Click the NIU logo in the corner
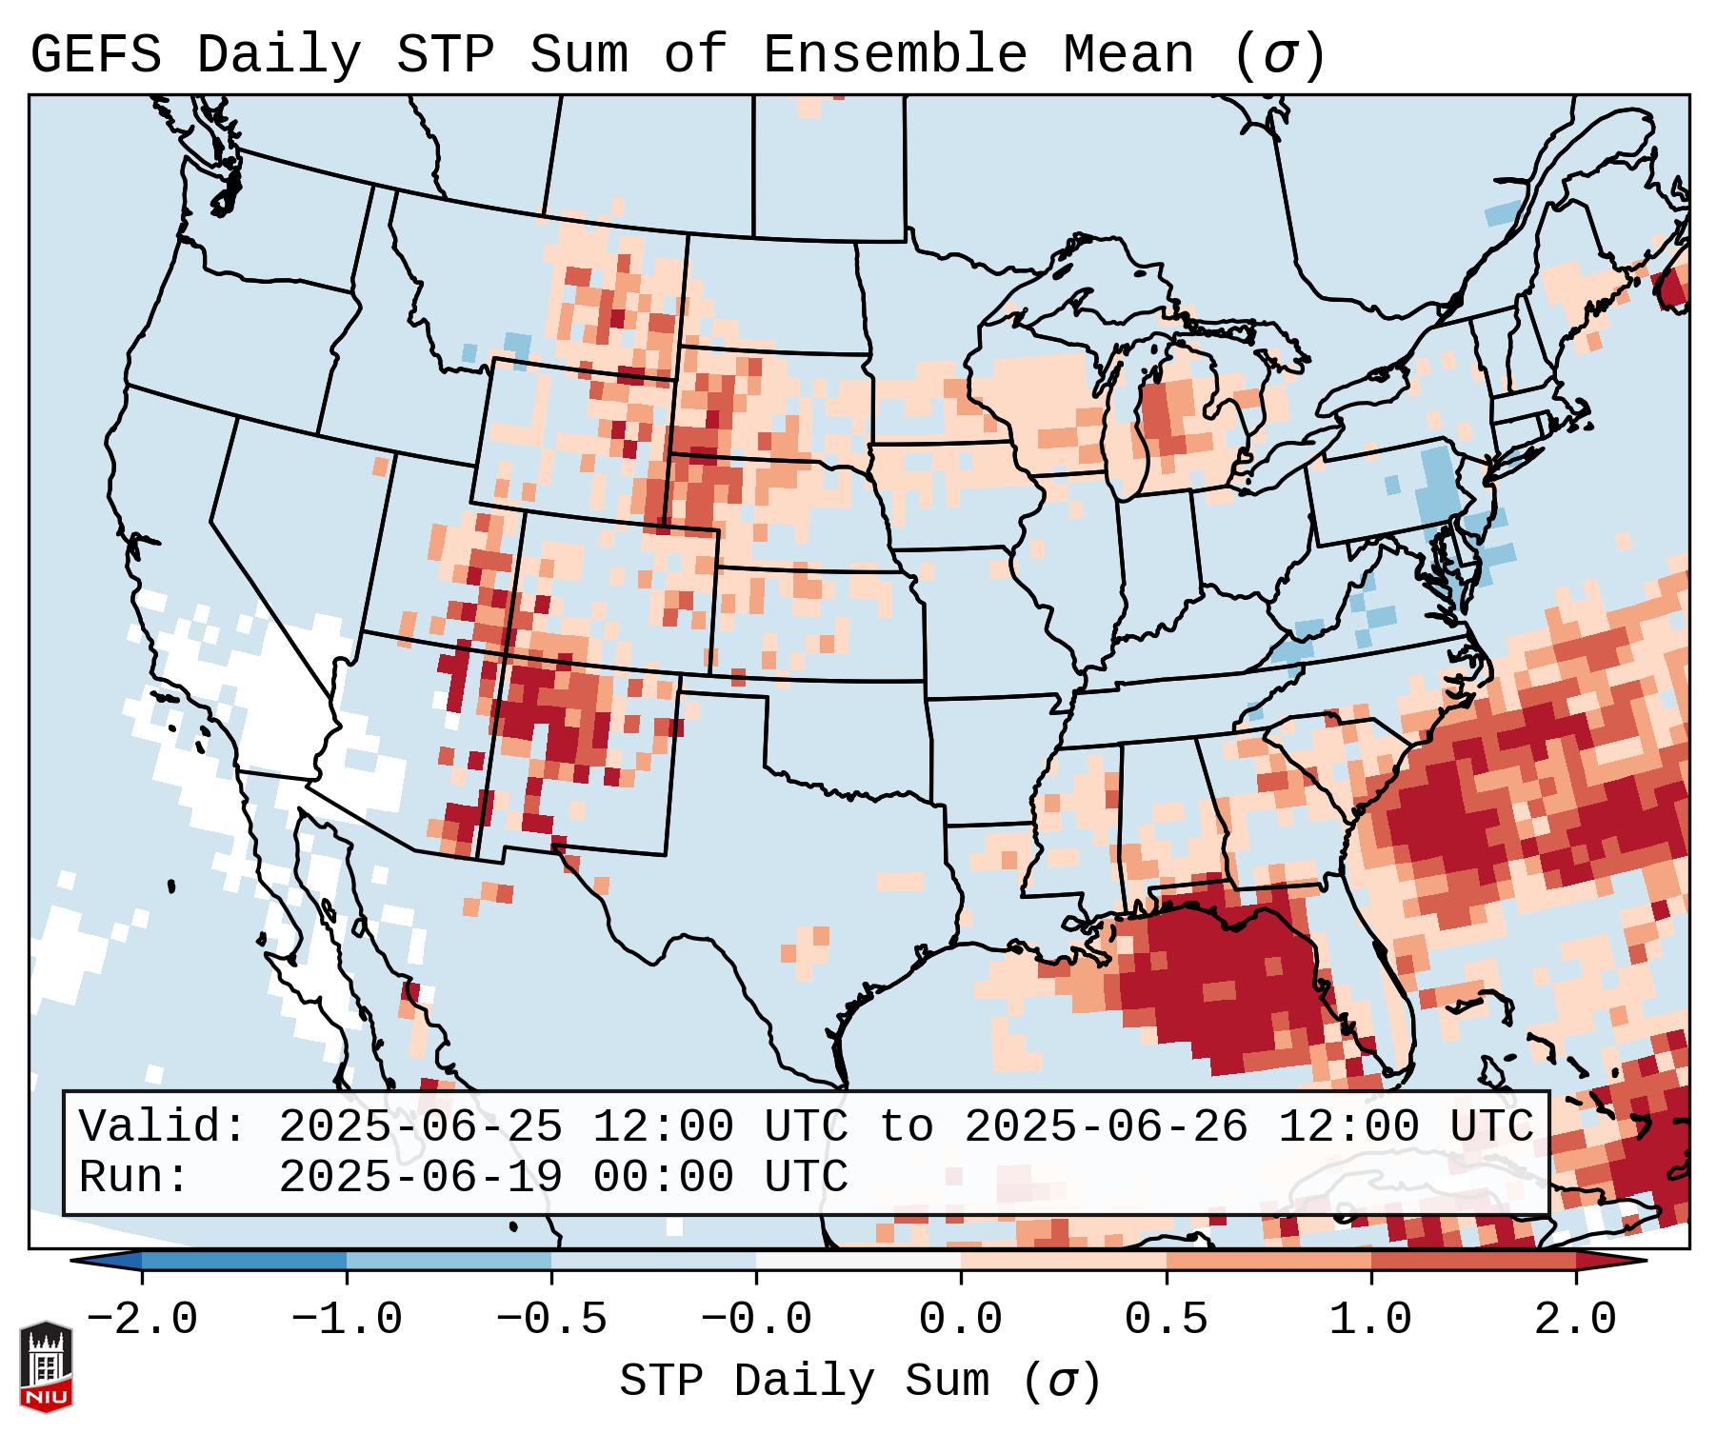tap(46, 1366)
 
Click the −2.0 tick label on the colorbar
tap(142, 1320)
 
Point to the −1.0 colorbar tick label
tap(347, 1320)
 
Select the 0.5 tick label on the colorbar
tap(1166, 1320)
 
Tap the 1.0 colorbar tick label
tap(1370, 1320)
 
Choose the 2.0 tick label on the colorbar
tap(1575, 1320)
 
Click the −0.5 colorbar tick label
tap(551, 1320)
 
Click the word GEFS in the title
tap(95, 55)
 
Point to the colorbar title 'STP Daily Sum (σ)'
tap(860, 1382)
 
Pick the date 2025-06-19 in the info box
tap(420, 1177)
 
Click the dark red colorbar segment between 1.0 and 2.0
tap(1473, 1261)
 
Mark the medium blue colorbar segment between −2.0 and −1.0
tap(244, 1261)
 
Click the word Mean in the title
tap(1128, 55)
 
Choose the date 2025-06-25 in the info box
tap(420, 1126)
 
